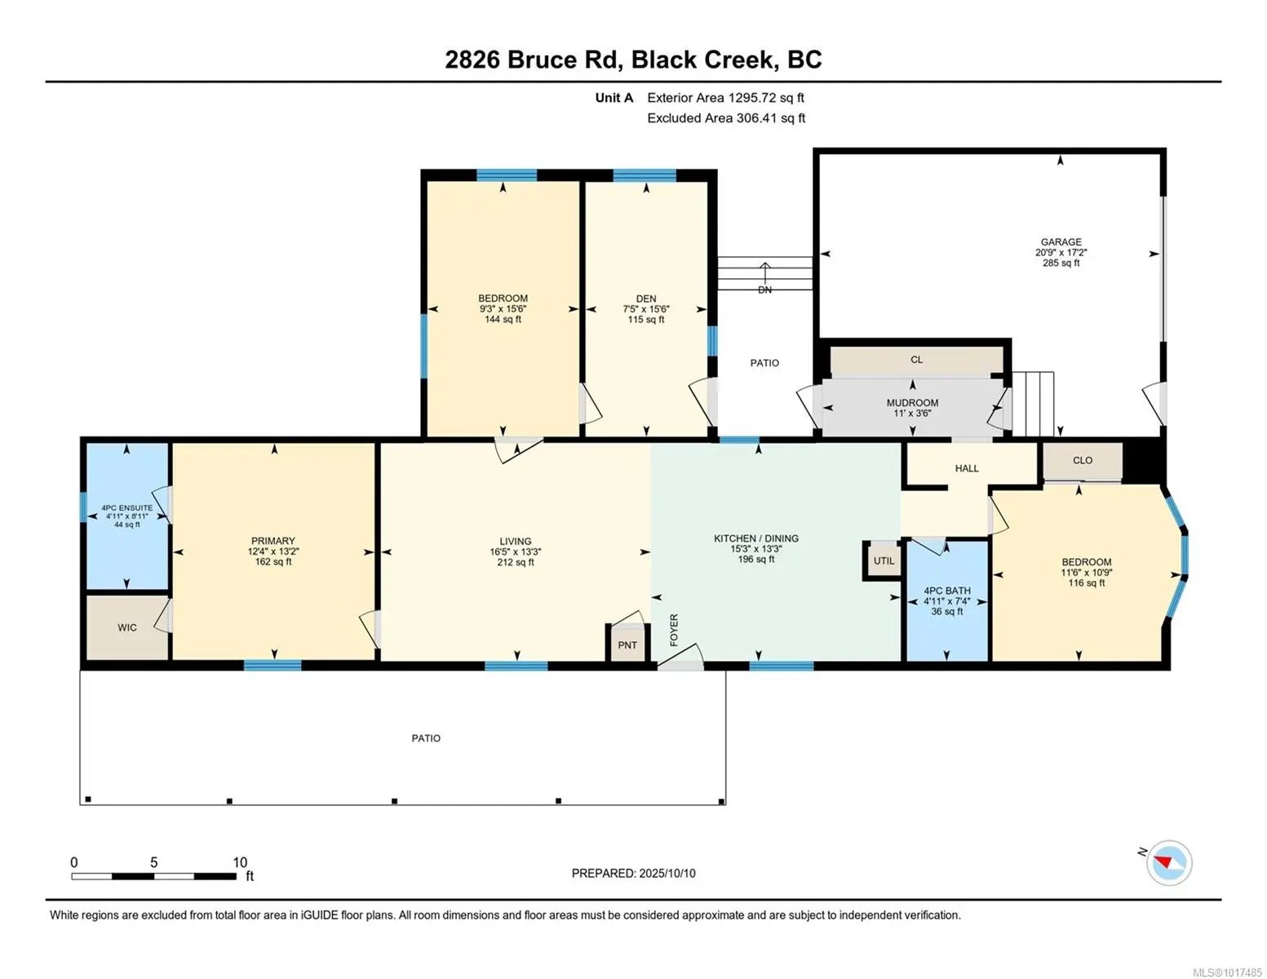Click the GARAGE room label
point(1061,241)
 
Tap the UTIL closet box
point(884,560)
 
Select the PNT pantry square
point(627,644)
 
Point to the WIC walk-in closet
point(127,627)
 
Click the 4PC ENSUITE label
point(127,508)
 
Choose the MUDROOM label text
point(912,402)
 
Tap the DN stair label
point(764,290)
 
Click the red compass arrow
point(1163,862)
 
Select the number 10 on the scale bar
point(240,862)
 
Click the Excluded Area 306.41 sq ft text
point(726,118)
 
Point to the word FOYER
point(674,630)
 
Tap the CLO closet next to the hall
point(1082,461)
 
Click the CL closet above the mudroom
point(916,360)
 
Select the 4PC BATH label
point(947,591)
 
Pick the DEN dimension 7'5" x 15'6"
point(646,309)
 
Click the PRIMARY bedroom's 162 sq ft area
point(272,561)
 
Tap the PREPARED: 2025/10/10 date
point(633,874)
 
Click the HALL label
point(967,468)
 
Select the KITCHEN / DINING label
point(756,538)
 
